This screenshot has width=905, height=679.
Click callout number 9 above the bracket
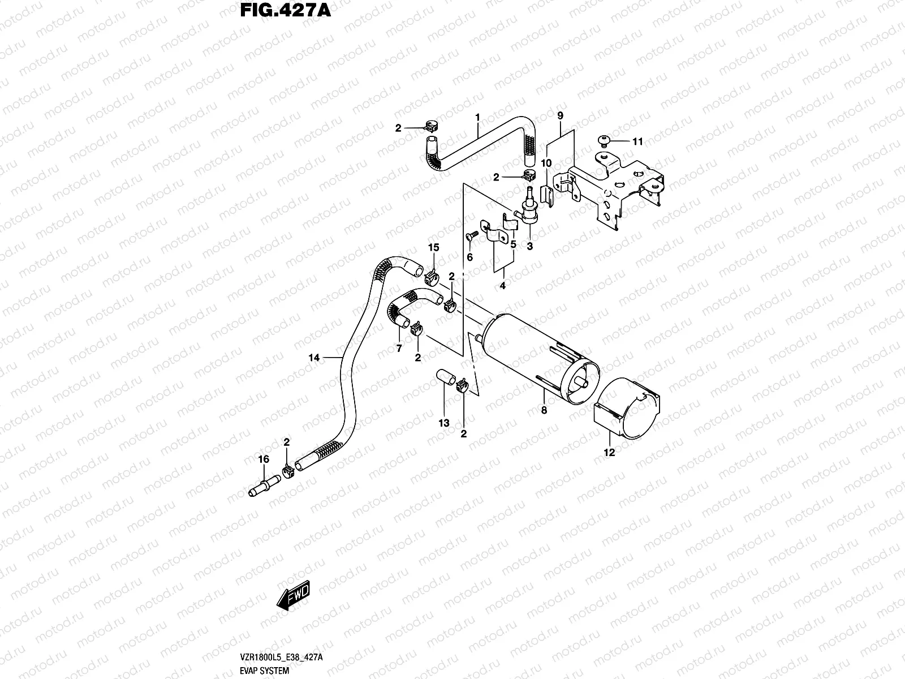coord(560,116)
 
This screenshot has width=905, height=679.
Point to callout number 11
coord(637,141)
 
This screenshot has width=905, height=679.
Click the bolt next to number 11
coord(604,140)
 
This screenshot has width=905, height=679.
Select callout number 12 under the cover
coord(609,452)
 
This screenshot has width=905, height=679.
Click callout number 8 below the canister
coord(544,411)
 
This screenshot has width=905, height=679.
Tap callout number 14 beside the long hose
coord(314,357)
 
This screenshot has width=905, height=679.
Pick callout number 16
coord(264,459)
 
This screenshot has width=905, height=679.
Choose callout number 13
coord(444,423)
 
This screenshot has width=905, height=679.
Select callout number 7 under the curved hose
coord(399,349)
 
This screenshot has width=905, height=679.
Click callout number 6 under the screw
coord(469,257)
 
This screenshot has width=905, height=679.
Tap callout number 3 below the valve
coord(530,247)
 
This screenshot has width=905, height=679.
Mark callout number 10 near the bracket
coord(546,164)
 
